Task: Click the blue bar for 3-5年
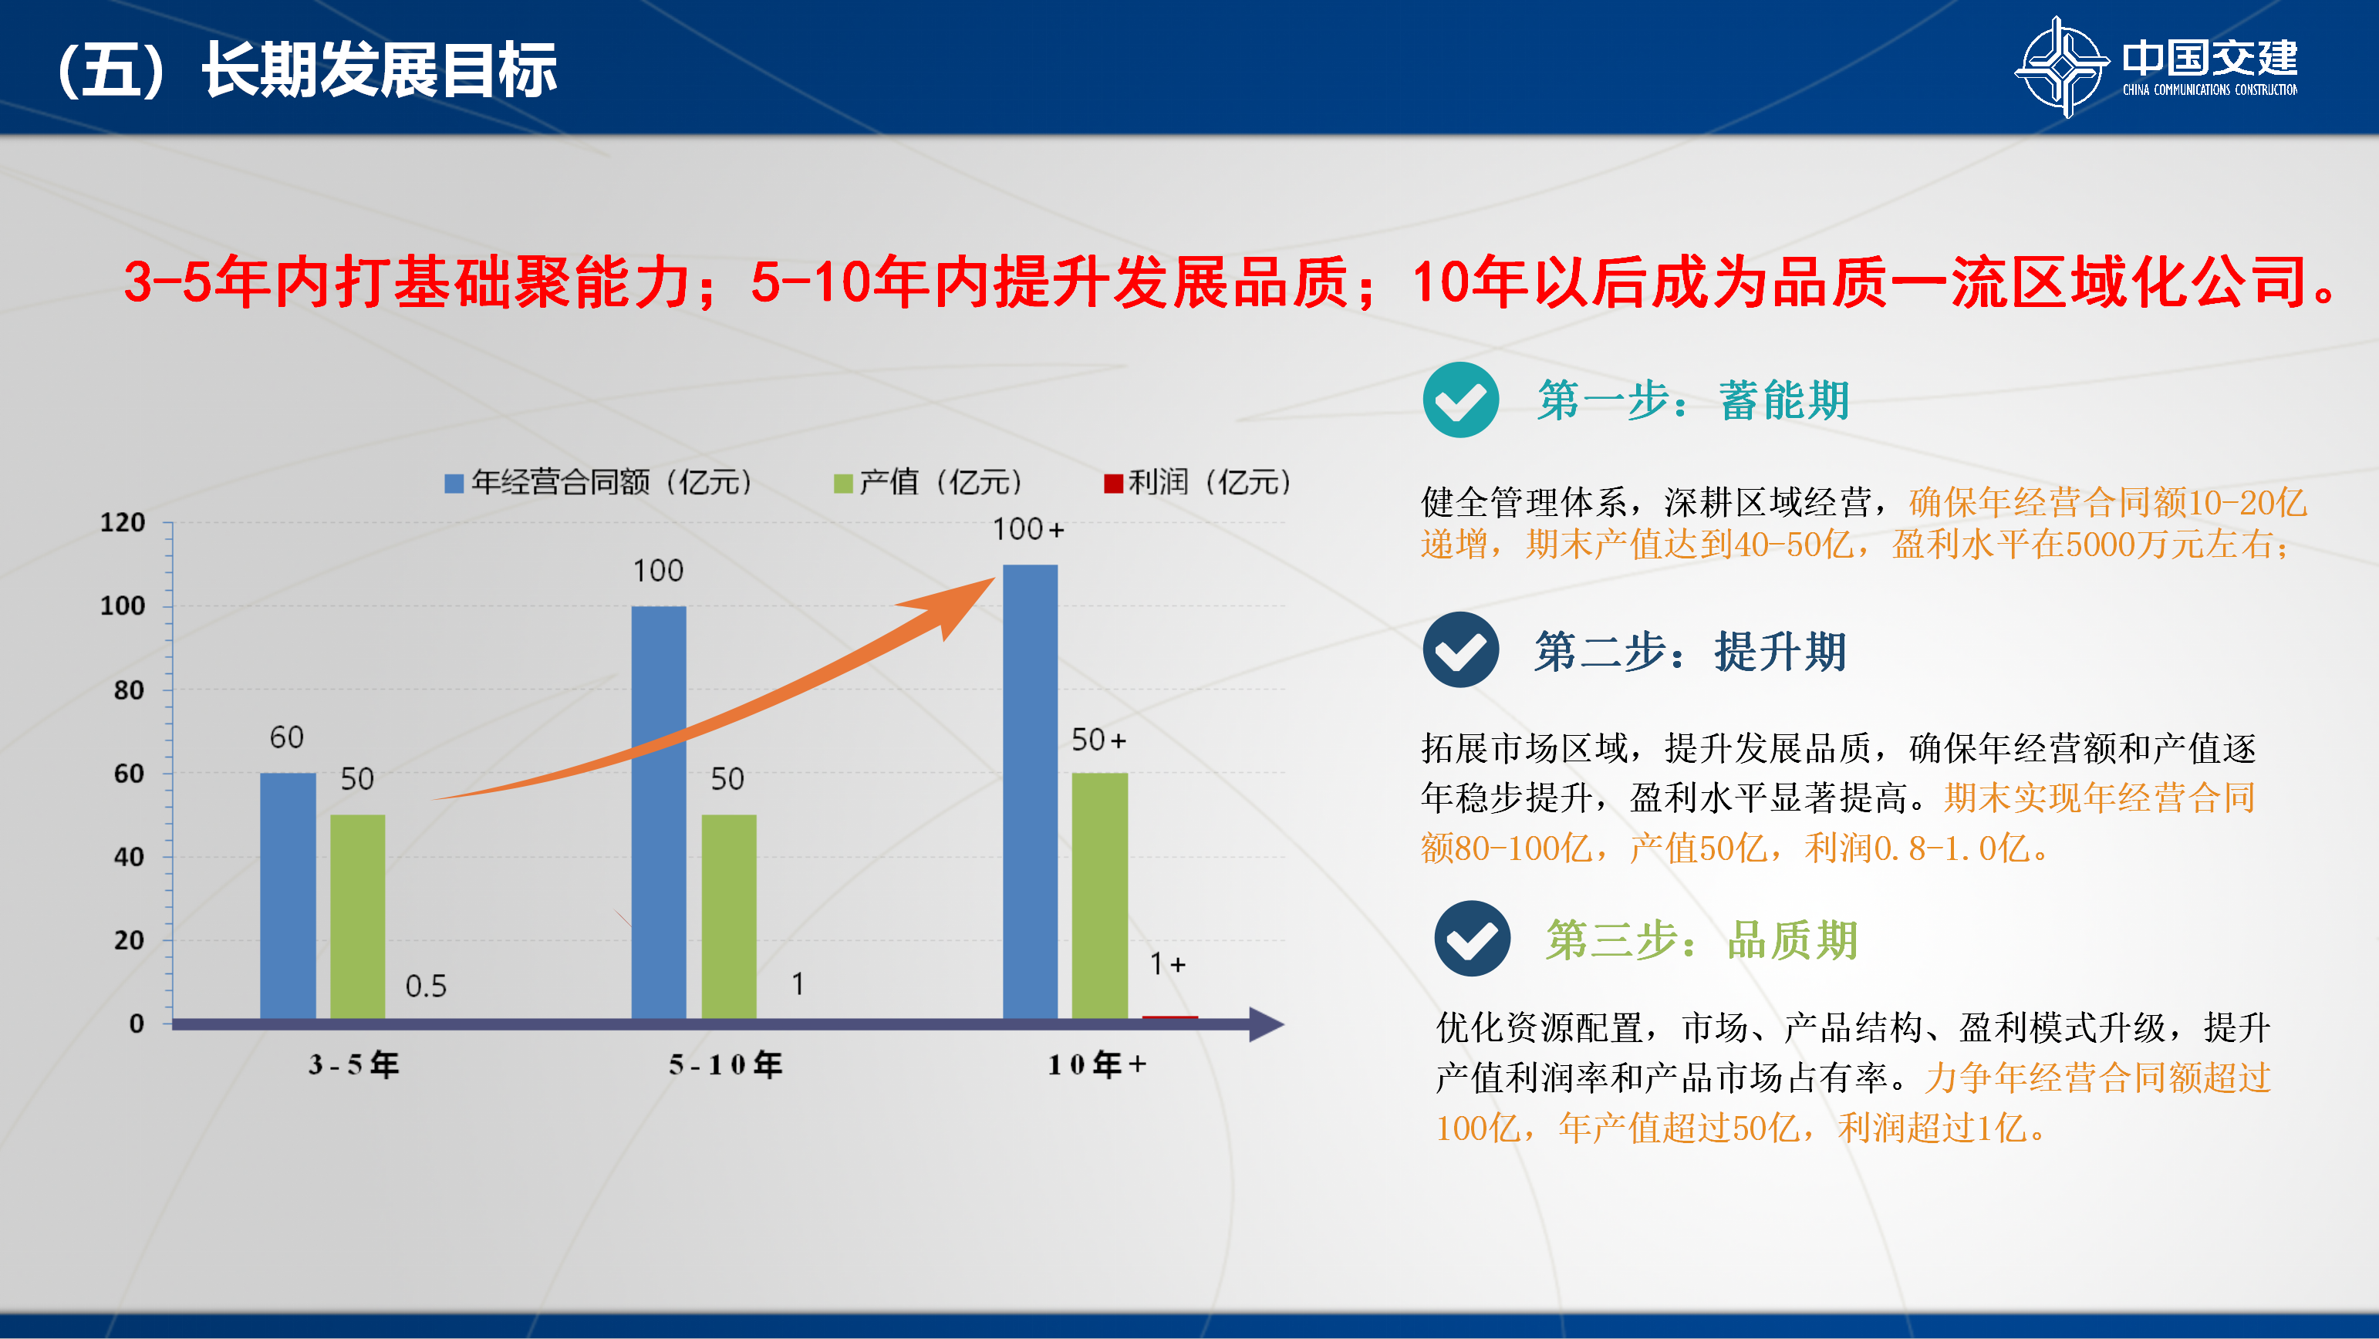[x=289, y=895]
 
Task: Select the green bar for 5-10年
[x=729, y=917]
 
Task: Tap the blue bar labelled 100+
[x=1030, y=792]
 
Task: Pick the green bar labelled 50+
[x=1100, y=895]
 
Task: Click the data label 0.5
[x=426, y=987]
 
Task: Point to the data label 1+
[x=1167, y=964]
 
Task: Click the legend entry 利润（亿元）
[x=1198, y=482]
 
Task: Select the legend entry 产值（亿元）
[x=928, y=482]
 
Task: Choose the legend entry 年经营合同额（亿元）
[x=599, y=482]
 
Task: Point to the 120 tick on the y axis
[x=123, y=523]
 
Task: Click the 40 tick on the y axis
[x=130, y=857]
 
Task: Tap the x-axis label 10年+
[x=1097, y=1064]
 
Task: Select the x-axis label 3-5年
[x=354, y=1064]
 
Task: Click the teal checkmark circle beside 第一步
[x=1461, y=400]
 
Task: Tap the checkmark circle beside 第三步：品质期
[x=1472, y=938]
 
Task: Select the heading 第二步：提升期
[x=1690, y=651]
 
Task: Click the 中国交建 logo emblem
[x=2061, y=66]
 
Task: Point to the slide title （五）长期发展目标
[x=305, y=69]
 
